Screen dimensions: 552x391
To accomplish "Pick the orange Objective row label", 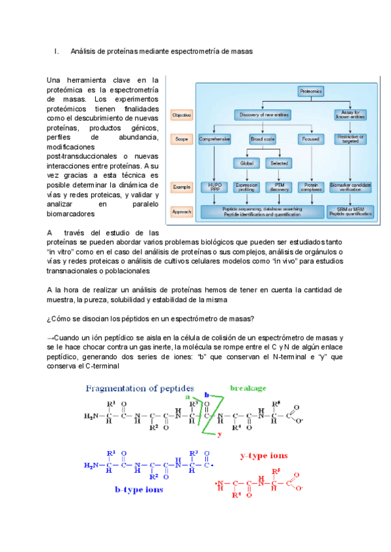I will pos(181,115).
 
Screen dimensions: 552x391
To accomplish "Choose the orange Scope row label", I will pos(181,139).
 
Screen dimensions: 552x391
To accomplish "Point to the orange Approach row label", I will pos(181,212).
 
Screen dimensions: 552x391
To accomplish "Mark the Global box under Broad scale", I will pos(246,163).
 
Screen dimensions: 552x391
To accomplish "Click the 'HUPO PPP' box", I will pos(214,187).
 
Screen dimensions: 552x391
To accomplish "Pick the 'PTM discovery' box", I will pos(280,187).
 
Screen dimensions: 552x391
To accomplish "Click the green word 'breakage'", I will pos(248,389).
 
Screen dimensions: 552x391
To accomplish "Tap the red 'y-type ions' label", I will pos(264,456).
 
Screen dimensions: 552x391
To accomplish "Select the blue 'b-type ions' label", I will pos(139,489).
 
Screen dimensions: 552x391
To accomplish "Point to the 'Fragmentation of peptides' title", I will pos(131,389).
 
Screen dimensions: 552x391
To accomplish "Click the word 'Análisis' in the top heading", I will pos(83,50).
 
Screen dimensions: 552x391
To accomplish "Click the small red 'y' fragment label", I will pos(220,434).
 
